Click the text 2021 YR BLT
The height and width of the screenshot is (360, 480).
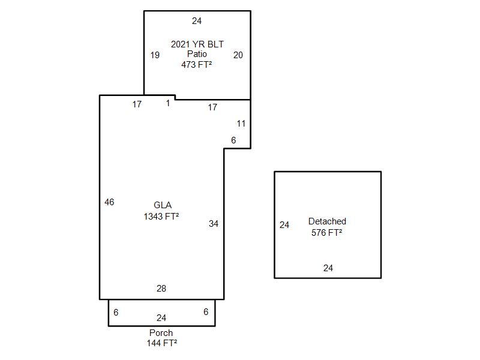coord(197,44)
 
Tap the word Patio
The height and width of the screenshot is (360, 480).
coord(197,54)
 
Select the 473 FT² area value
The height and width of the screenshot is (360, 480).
coord(197,64)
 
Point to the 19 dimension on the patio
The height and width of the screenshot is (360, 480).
coord(155,55)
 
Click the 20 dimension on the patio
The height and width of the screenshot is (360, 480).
coord(238,55)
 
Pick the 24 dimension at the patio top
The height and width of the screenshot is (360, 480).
coord(197,21)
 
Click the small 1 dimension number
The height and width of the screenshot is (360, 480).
coord(168,103)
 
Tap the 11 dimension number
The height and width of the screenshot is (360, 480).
coord(241,124)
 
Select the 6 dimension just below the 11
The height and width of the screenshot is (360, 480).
coord(233,140)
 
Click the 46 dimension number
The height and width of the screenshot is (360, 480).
coord(109,202)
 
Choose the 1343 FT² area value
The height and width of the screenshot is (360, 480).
coord(161,217)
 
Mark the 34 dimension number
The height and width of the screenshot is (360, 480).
coord(214,224)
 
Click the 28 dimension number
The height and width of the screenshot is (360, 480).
coord(161,289)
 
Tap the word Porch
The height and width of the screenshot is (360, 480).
coord(161,333)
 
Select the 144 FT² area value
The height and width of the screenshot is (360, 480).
coord(161,343)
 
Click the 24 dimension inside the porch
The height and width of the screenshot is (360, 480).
coord(161,318)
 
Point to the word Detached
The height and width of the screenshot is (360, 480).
coord(327,221)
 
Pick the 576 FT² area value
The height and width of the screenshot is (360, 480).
coord(327,232)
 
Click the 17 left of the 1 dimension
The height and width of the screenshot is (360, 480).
coord(137,104)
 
